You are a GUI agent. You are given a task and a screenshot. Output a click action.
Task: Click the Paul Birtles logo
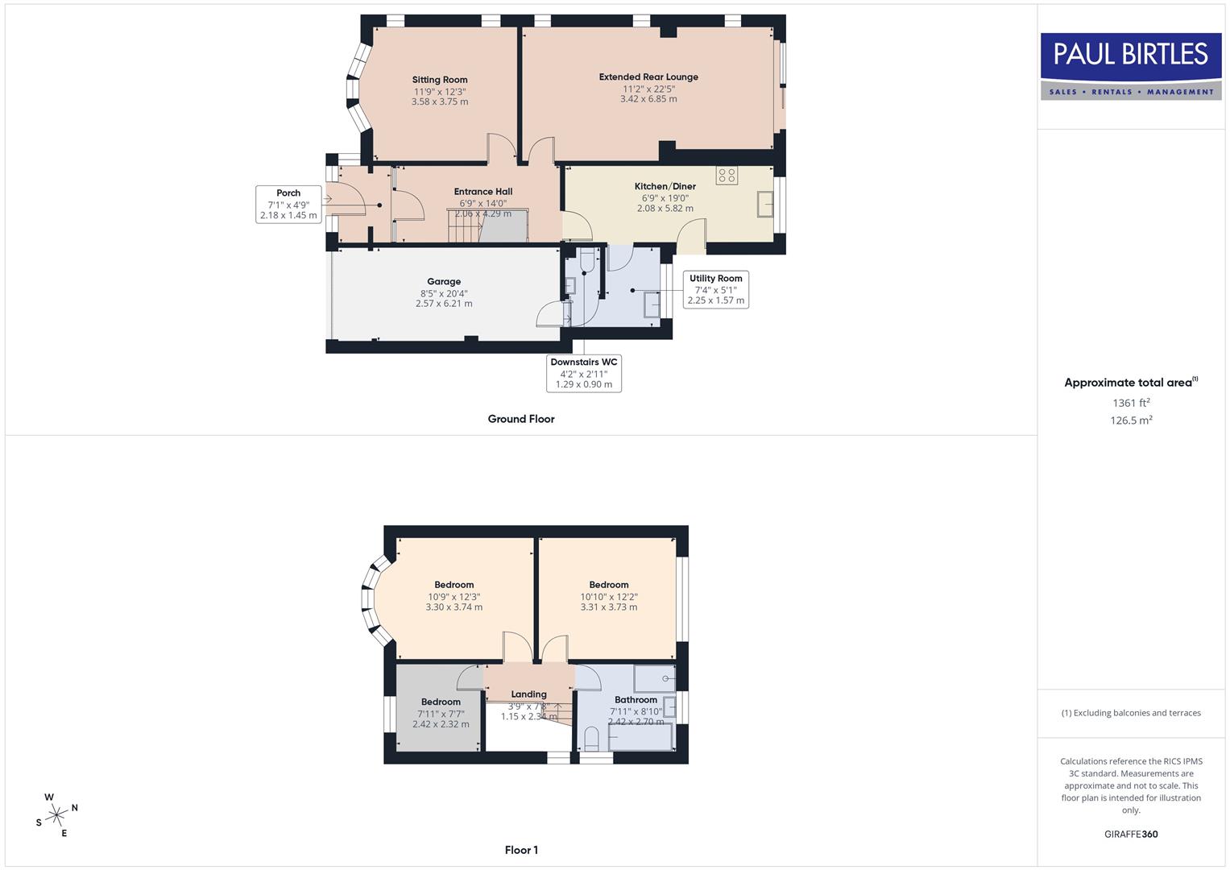click(1131, 66)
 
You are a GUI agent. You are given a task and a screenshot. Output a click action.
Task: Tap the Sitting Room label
click(440, 80)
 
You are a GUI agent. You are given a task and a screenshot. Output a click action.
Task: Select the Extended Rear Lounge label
click(648, 77)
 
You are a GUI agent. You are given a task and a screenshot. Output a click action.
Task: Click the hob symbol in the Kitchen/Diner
click(727, 175)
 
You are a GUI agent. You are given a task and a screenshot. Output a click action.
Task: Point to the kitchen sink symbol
click(764, 205)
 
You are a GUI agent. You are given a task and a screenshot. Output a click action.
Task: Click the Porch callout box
click(288, 205)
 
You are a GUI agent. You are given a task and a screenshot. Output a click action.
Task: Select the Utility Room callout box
click(715, 289)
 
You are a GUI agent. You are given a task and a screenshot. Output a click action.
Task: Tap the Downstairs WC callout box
click(584, 373)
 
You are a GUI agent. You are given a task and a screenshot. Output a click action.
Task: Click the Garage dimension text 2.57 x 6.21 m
click(444, 304)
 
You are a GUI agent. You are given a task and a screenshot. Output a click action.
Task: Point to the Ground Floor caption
click(521, 419)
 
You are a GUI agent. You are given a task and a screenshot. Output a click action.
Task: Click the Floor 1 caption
click(521, 850)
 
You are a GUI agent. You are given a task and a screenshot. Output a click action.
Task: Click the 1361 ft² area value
click(1131, 403)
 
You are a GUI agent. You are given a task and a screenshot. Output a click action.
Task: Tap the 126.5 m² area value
click(1131, 420)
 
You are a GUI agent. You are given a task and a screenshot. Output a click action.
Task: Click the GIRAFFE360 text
click(1131, 834)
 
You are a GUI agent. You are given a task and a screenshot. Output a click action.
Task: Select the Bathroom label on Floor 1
click(636, 700)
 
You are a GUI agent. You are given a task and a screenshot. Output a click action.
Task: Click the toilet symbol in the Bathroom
click(591, 738)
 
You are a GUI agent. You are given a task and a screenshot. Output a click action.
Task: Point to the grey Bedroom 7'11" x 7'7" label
click(441, 702)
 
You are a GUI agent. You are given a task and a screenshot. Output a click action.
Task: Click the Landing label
click(528, 694)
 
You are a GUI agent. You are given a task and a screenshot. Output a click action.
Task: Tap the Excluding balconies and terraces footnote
click(1131, 713)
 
